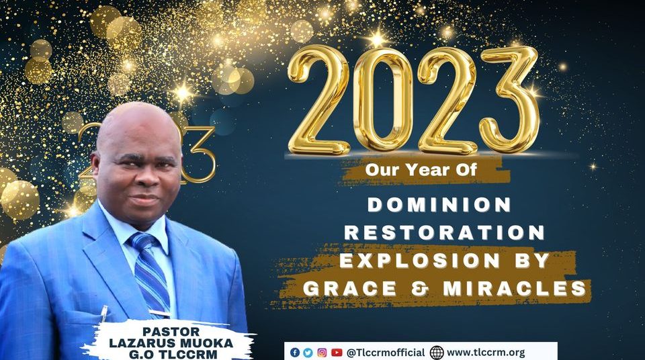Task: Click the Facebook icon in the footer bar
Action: click(294, 353)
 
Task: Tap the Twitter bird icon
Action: click(308, 353)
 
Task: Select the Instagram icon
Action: click(322, 353)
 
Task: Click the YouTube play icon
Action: click(337, 353)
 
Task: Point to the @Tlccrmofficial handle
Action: click(386, 353)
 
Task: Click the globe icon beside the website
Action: click(437, 353)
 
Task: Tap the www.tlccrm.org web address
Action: click(486, 353)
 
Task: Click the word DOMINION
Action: click(439, 205)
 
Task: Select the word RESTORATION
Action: click(445, 232)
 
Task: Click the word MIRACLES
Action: click(515, 288)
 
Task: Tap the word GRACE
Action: click(350, 288)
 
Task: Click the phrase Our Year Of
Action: click(421, 169)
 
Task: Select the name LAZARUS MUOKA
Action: click(171, 343)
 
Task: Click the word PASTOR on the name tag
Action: click(171, 332)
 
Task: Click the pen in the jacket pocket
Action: click(104, 314)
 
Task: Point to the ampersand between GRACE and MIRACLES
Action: click(420, 288)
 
